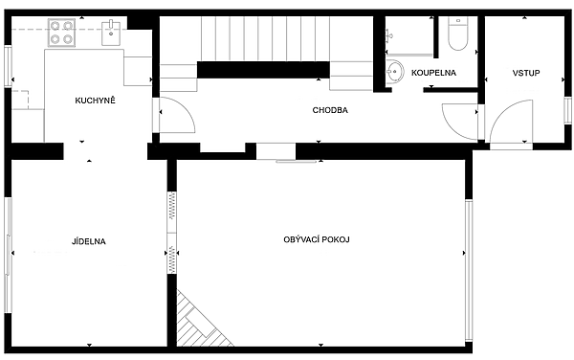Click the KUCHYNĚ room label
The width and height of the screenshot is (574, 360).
[95, 101]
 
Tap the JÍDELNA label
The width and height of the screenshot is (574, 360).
[89, 241]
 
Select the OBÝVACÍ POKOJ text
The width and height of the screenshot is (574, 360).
[317, 239]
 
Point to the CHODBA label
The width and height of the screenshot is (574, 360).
[330, 110]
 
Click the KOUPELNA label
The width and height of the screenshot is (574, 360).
[433, 73]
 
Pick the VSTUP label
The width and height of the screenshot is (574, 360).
[526, 73]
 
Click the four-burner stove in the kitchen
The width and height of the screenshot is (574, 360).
[61, 33]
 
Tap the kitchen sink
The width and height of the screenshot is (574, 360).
[111, 33]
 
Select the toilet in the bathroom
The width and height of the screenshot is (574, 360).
[458, 34]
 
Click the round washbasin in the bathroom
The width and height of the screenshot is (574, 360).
[394, 71]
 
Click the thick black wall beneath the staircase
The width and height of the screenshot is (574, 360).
[263, 70]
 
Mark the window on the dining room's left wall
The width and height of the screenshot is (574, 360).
[8, 256]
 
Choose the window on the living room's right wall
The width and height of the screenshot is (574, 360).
[469, 271]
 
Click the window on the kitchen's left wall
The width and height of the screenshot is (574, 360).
[8, 66]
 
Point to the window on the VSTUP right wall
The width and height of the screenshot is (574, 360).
[567, 110]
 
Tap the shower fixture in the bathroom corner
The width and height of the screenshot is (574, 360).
[389, 36]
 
